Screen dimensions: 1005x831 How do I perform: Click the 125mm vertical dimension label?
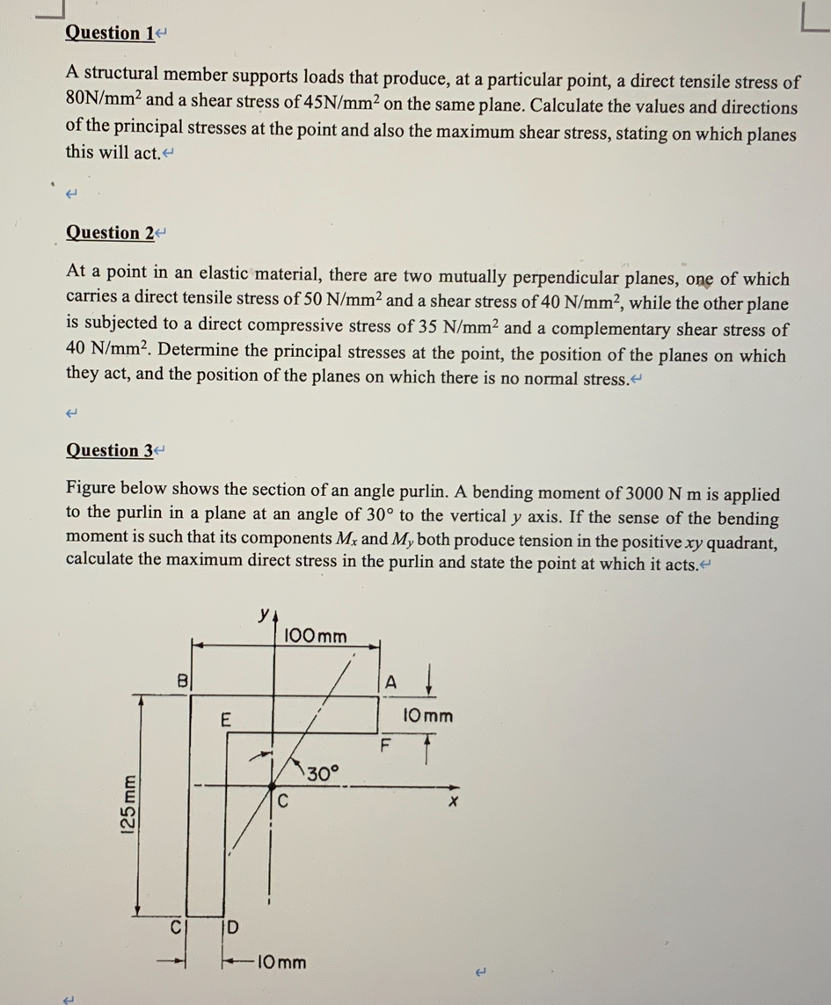pyautogui.click(x=128, y=802)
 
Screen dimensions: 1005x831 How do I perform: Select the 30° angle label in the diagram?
pyautogui.click(x=323, y=774)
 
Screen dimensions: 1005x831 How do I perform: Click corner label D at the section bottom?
pyautogui.click(x=232, y=926)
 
